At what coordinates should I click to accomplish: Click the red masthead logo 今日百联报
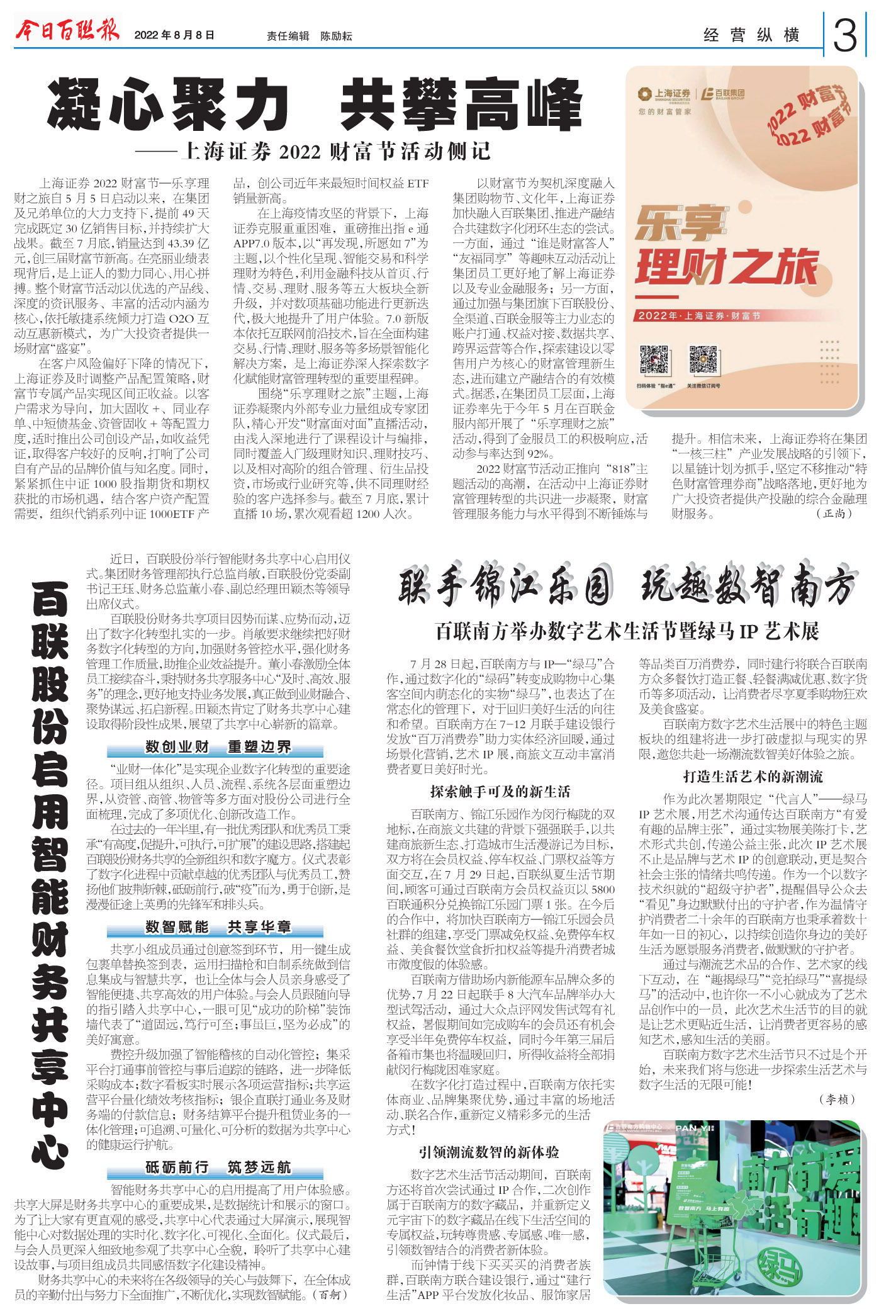tap(67, 30)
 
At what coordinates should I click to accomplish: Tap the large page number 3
tap(845, 36)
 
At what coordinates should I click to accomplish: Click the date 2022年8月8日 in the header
tap(174, 35)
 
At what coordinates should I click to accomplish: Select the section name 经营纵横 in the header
tap(751, 35)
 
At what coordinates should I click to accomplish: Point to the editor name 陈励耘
tap(336, 37)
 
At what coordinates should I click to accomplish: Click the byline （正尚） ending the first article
tap(834, 514)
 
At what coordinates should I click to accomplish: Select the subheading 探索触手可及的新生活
tap(500, 792)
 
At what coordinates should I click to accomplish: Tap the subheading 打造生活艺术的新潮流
tap(753, 777)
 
